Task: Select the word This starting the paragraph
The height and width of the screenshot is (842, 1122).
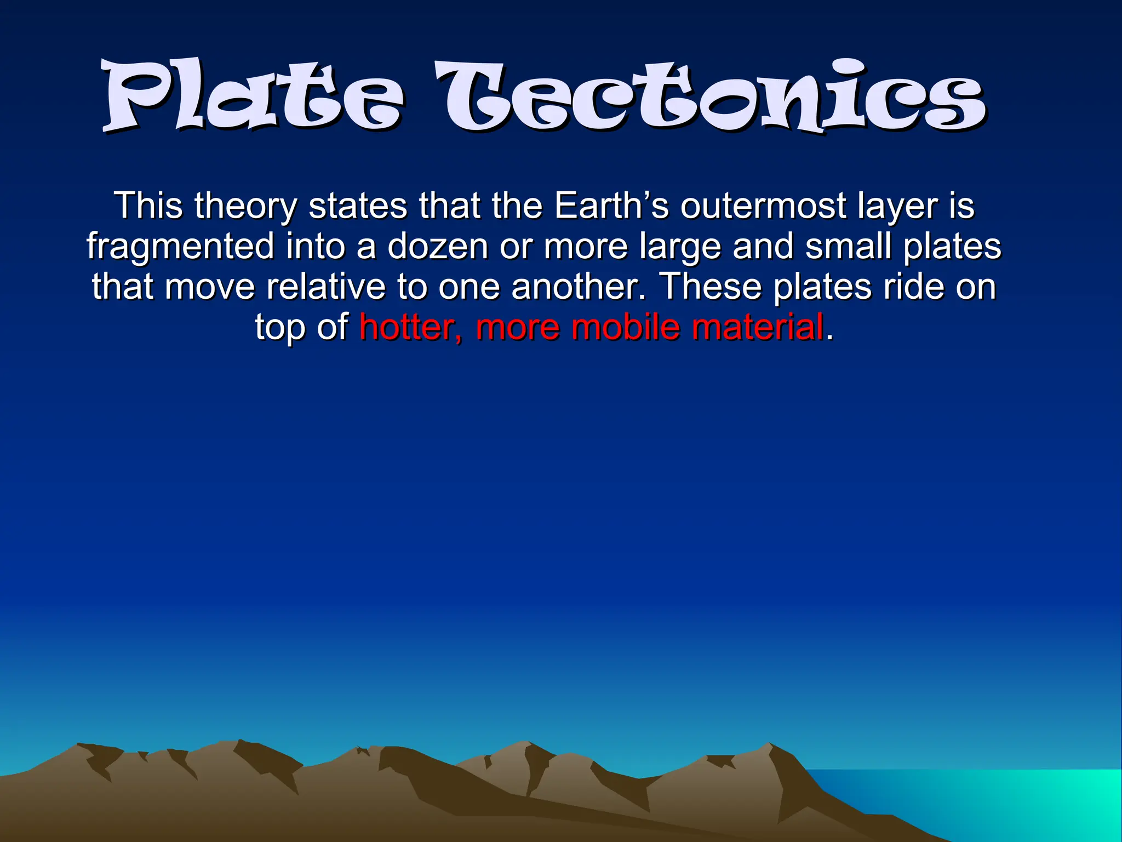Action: pos(148,206)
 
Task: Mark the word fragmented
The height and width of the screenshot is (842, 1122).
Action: pos(180,247)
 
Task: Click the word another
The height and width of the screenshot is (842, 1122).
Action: pos(579,287)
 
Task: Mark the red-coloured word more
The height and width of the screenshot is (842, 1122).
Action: pos(518,327)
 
